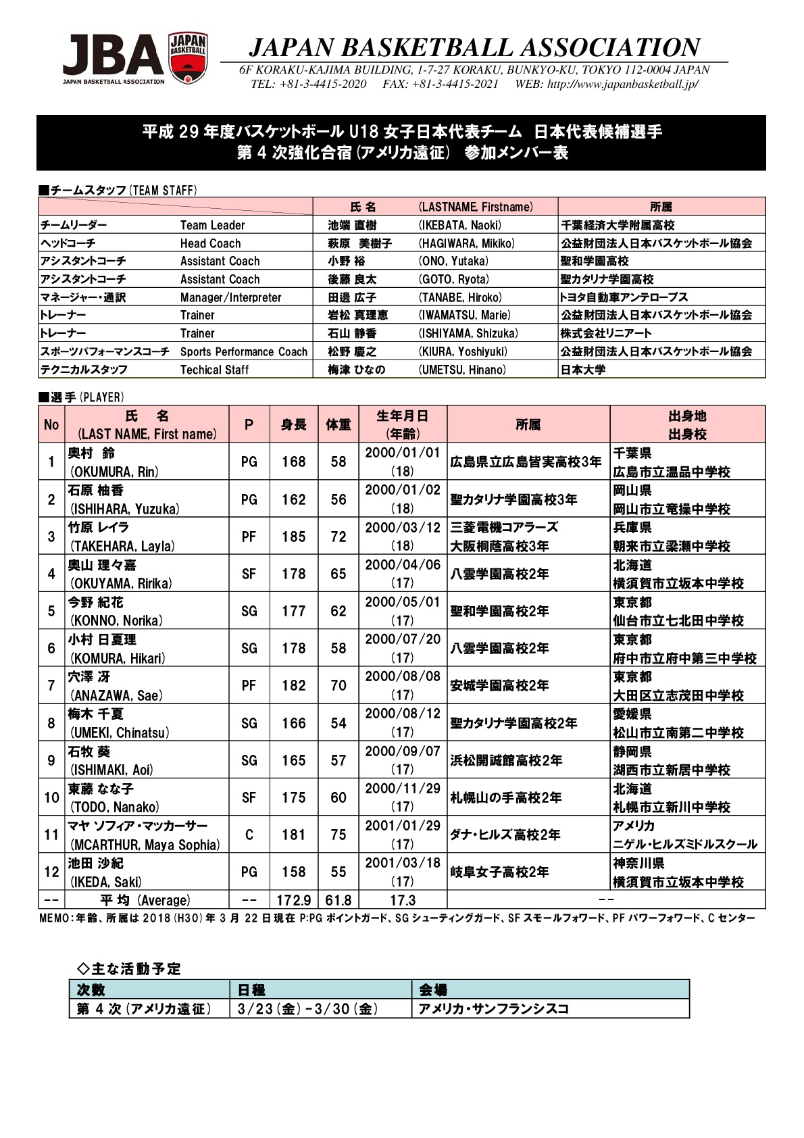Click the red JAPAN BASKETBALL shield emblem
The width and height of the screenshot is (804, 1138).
tap(188, 59)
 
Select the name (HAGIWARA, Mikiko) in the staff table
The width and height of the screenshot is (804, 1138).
tap(466, 243)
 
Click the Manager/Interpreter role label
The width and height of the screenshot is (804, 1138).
tap(230, 297)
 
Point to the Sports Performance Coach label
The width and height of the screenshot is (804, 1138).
tap(243, 351)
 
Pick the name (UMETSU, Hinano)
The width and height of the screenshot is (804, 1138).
tap(462, 370)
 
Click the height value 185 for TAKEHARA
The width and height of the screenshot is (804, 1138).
tap(294, 537)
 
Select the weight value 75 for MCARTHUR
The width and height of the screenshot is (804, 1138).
tap(338, 835)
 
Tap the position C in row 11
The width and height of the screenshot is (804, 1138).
tap(249, 835)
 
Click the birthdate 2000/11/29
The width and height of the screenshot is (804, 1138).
tap(403, 788)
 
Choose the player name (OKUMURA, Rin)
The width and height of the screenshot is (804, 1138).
tap(114, 472)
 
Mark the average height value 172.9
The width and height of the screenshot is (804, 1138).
tap(294, 900)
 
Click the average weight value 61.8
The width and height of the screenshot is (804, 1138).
tap(338, 900)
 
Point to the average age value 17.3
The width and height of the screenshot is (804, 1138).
tap(403, 900)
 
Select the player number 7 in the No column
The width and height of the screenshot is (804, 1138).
tap(51, 685)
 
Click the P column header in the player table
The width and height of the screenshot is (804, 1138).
tap(249, 424)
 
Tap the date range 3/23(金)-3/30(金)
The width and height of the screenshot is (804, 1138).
tap(307, 1009)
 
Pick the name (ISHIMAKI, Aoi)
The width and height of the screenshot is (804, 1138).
tap(111, 770)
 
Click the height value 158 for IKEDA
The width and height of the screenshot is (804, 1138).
tap(294, 872)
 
